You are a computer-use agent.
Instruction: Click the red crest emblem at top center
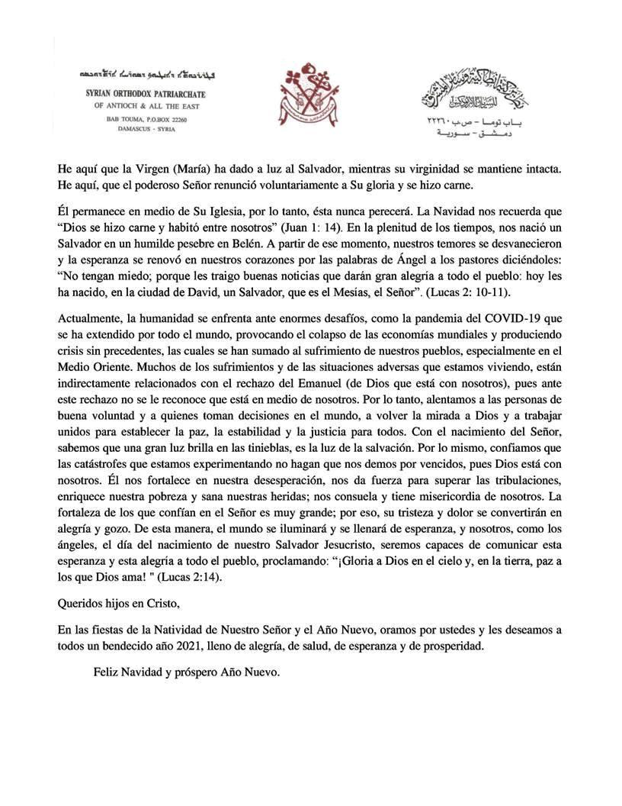point(311,95)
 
